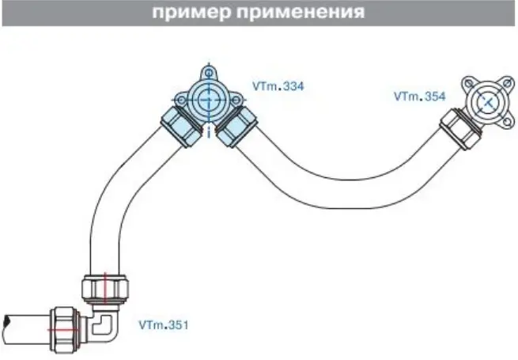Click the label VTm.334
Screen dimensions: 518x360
pyautogui.click(x=278, y=86)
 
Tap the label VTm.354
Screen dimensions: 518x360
pyautogui.click(x=420, y=97)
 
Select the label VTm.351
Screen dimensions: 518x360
pyautogui.click(x=164, y=325)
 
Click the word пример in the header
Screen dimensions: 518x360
pyautogui.click(x=191, y=13)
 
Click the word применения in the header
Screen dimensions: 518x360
pyautogui.click(x=301, y=12)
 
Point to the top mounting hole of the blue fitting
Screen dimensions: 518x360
pyautogui.click(x=209, y=73)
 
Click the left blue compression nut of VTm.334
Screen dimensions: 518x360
pyautogui.click(x=182, y=127)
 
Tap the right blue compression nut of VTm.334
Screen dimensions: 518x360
pyautogui.click(x=236, y=127)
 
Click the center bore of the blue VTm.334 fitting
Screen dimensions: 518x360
pyautogui.click(x=209, y=99)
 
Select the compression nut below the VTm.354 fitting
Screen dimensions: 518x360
pyautogui.click(x=460, y=131)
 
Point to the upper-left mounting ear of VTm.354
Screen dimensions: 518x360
pyautogui.click(x=468, y=82)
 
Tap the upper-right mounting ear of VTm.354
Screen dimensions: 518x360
pyautogui.click(x=508, y=83)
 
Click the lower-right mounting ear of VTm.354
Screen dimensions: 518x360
pyautogui.click(x=508, y=122)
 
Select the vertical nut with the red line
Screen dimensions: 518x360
pyautogui.click(x=105, y=289)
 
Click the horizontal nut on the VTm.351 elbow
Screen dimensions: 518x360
pyautogui.click(x=65, y=330)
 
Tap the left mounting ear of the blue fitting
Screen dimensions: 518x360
pyautogui.click(x=180, y=99)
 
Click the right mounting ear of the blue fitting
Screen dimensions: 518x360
pyautogui.click(x=236, y=99)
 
